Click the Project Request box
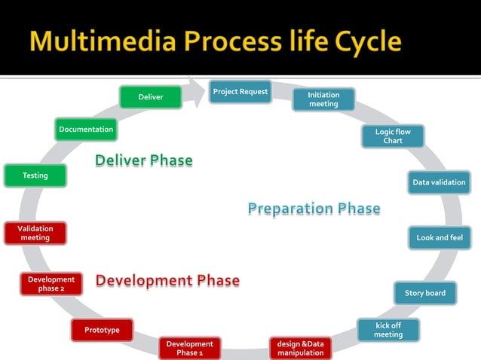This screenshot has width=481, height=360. point(240,92)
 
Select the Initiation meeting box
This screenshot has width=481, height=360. point(323,99)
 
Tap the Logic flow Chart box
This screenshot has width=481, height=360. point(393,136)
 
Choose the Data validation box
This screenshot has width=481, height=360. point(439,182)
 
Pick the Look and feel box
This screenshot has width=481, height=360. point(440,238)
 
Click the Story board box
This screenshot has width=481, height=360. point(424,293)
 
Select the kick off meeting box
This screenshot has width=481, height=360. point(388,330)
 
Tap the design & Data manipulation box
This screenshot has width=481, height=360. point(300,348)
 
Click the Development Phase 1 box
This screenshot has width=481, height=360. point(189,348)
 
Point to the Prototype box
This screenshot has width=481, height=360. point(102,330)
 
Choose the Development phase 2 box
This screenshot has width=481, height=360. point(51,284)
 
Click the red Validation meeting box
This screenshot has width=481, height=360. point(35,233)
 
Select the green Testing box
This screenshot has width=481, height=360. point(35,175)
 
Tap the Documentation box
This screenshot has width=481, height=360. point(86,130)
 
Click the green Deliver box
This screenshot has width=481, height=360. point(150,97)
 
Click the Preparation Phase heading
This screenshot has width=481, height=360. point(314,209)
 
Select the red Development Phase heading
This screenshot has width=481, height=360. point(167,281)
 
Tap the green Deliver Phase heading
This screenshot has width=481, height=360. point(143,160)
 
